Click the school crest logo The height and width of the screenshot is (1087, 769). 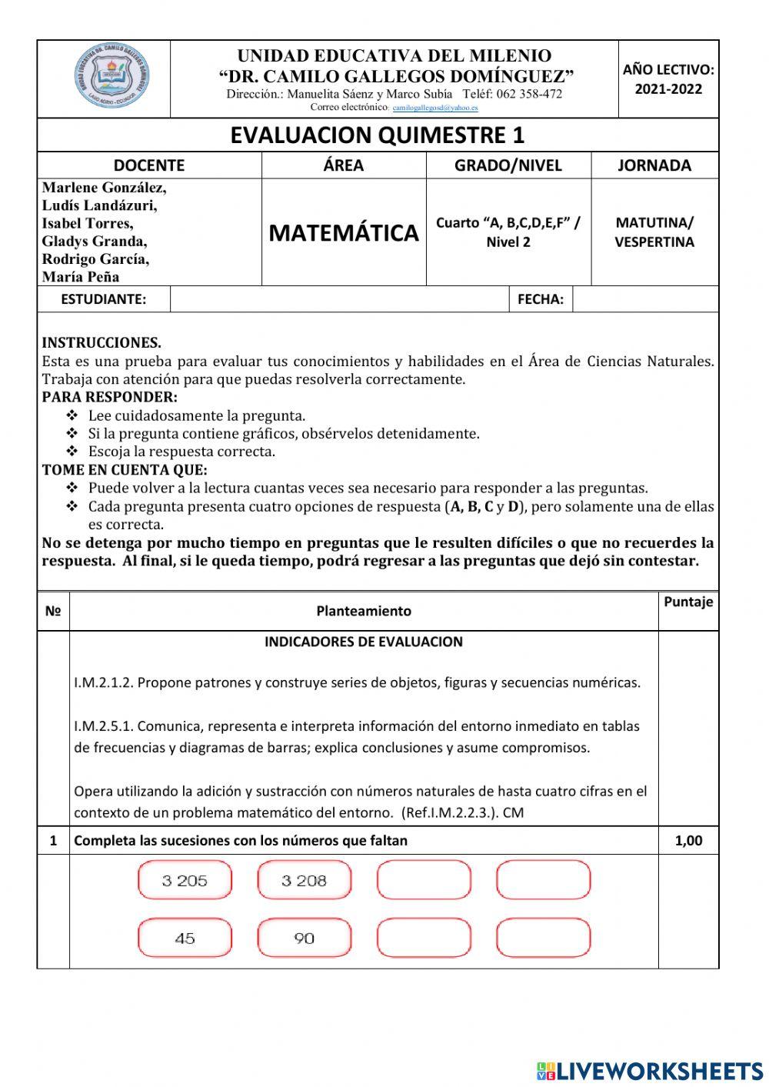click(x=112, y=79)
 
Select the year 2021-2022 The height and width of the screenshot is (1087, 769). click(x=668, y=88)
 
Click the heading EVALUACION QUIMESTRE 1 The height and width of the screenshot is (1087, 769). click(x=378, y=135)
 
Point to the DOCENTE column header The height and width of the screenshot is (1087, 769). click(x=149, y=165)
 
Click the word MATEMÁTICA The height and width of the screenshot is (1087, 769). click(x=344, y=232)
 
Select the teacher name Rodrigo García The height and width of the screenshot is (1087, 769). click(x=96, y=258)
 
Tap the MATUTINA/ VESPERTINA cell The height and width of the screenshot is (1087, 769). click(x=654, y=232)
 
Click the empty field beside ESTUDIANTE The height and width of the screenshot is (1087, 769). click(x=338, y=299)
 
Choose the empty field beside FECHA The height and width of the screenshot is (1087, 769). click(x=645, y=299)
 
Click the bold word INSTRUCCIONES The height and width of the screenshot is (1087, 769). click(x=102, y=343)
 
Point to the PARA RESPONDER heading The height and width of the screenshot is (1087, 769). click(x=109, y=397)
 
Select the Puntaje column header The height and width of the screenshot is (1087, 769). click(x=688, y=602)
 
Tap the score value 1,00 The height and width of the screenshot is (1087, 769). click(x=688, y=841)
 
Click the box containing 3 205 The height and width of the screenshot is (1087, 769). click(x=185, y=881)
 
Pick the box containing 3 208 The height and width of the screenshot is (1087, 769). click(x=304, y=881)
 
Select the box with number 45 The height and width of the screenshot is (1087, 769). click(x=185, y=939)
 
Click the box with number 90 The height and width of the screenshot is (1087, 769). click(x=304, y=939)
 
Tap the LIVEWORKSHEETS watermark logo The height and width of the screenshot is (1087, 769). click(x=650, y=1070)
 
